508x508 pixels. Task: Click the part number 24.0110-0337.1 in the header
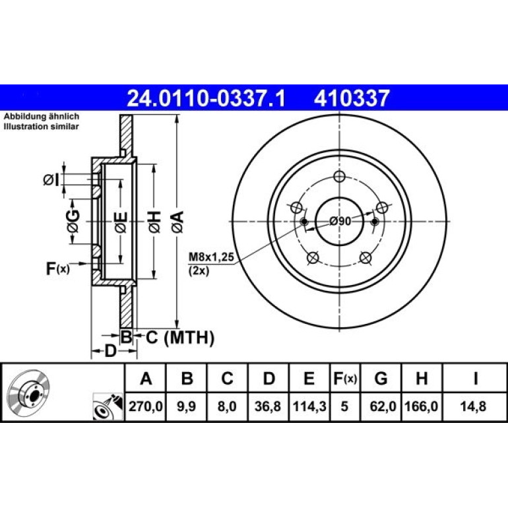[206, 98]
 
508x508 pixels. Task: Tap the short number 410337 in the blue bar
[351, 98]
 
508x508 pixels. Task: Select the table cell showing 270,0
[145, 406]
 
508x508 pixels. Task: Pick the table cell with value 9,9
[186, 406]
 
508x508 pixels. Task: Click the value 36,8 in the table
[268, 406]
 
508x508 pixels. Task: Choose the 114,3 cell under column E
[309, 406]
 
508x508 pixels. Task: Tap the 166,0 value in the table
[422, 406]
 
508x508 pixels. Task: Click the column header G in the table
[381, 378]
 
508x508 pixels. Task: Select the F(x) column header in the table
[345, 378]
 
